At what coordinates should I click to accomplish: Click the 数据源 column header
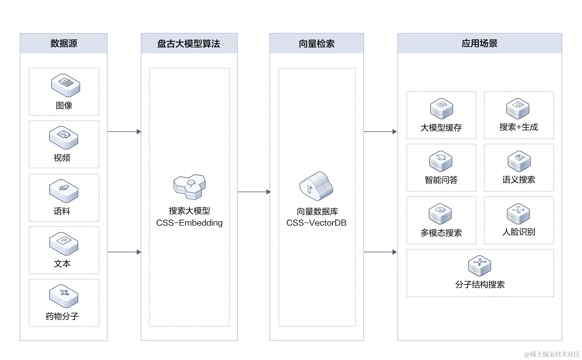pos(64,43)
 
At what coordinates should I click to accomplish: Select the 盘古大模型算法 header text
pos(188,44)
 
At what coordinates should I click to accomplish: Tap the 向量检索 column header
pos(317,44)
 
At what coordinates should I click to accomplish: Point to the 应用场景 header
pos(479,43)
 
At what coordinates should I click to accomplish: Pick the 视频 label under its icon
pos(62,158)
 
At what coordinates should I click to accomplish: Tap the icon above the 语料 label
pos(63,190)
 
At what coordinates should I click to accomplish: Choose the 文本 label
pos(62,264)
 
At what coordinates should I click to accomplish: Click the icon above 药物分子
pos(63,296)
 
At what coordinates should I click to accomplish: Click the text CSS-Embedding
pos(189,223)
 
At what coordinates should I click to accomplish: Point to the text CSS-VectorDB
pos(316,223)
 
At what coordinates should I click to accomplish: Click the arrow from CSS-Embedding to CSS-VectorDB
pos(254,192)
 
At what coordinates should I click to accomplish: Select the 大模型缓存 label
pos(441,128)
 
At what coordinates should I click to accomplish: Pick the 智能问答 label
pos(441,180)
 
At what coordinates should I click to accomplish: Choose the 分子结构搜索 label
pos(480,285)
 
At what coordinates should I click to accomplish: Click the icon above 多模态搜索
pos(440,213)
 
